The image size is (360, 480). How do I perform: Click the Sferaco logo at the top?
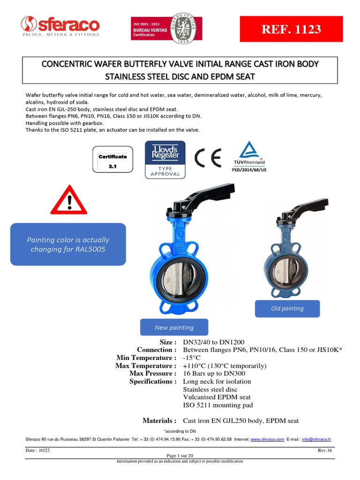(x=60, y=26)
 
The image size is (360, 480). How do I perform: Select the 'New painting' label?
(x=174, y=327)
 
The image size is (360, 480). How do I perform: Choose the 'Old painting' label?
(x=287, y=308)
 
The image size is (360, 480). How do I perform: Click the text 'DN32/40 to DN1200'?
(x=213, y=342)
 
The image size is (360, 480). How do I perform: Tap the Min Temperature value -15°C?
(x=191, y=358)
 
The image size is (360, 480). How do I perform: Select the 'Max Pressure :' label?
(x=153, y=374)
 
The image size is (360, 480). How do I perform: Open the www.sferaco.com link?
(x=267, y=439)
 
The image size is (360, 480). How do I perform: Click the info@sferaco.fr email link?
(x=316, y=439)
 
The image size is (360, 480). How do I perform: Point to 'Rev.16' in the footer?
(x=325, y=450)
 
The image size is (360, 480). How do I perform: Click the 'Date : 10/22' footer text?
(x=39, y=450)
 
